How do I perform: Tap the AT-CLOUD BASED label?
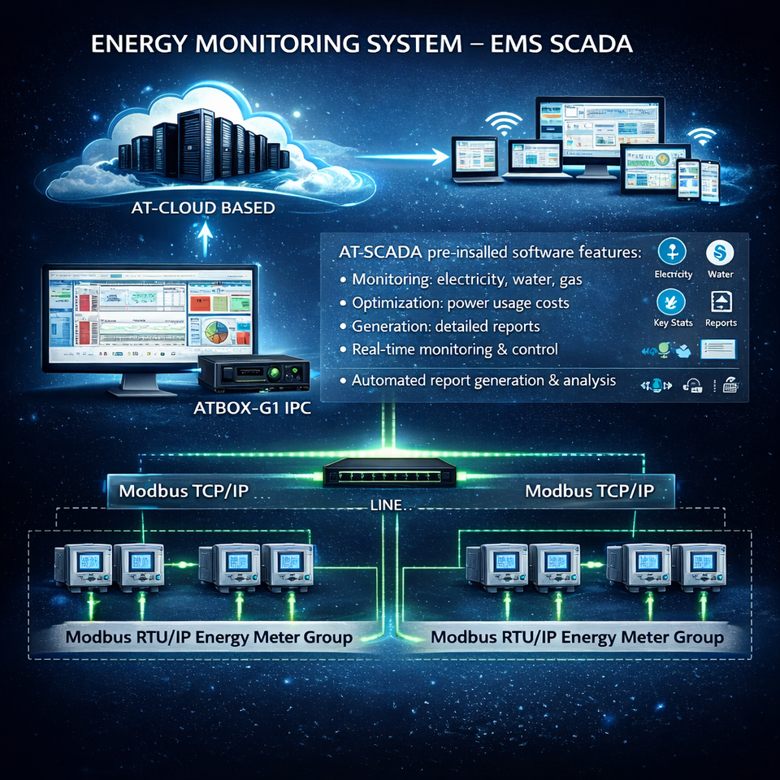(x=203, y=208)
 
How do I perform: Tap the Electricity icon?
(x=674, y=252)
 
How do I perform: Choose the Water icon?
(x=720, y=252)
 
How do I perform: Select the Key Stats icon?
(x=673, y=302)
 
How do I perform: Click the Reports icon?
(x=721, y=302)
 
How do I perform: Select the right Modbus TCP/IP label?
(x=589, y=492)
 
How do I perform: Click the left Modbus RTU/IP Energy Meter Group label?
(x=209, y=636)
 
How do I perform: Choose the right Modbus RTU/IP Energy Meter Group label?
(x=578, y=636)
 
